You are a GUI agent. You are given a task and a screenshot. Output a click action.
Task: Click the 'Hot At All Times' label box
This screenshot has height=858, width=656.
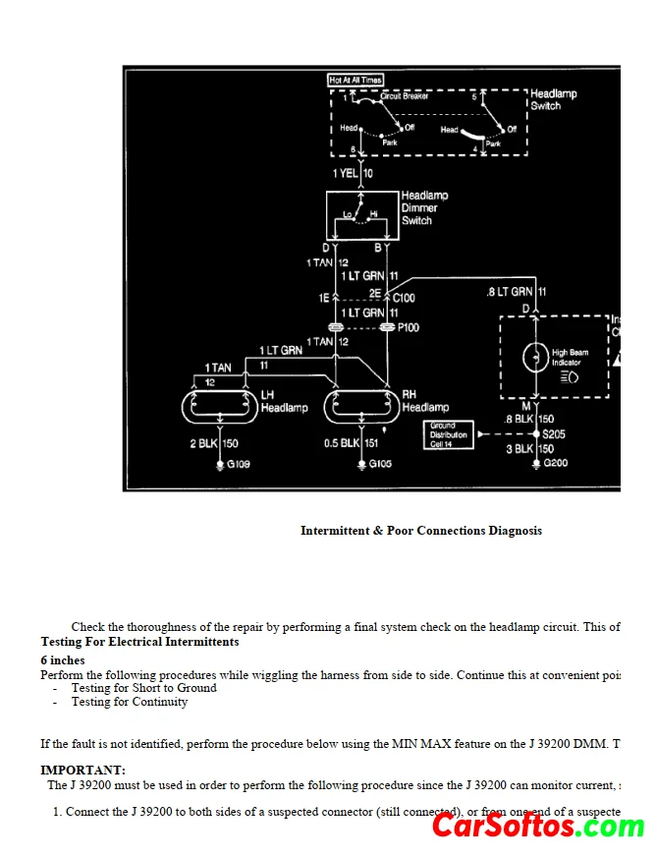355,80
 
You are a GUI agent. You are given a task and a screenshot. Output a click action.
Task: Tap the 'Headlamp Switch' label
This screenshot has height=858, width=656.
553,99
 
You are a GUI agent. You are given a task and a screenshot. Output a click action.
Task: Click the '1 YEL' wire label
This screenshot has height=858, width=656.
346,173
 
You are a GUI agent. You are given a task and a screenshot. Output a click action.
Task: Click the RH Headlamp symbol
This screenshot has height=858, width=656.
362,405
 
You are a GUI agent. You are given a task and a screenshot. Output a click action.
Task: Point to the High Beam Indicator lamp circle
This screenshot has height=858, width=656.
536,357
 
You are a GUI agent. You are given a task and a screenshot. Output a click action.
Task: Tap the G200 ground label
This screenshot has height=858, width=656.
555,463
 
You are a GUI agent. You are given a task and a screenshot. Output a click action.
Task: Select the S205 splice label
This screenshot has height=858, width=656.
553,433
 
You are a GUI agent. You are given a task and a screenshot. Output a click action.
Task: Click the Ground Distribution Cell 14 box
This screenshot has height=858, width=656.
448,434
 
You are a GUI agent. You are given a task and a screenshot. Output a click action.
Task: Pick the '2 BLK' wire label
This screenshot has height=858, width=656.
204,444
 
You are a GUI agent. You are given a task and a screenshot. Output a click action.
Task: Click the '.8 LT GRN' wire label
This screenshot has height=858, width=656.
510,292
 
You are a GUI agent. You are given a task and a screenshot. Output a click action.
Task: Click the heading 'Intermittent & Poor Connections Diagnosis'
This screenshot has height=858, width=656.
420,531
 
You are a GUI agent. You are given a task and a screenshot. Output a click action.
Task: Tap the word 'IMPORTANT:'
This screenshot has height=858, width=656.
82,771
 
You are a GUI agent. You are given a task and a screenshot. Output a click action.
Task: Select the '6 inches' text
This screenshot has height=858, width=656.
62,660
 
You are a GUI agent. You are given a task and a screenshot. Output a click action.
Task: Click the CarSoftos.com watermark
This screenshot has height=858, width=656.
538,826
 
